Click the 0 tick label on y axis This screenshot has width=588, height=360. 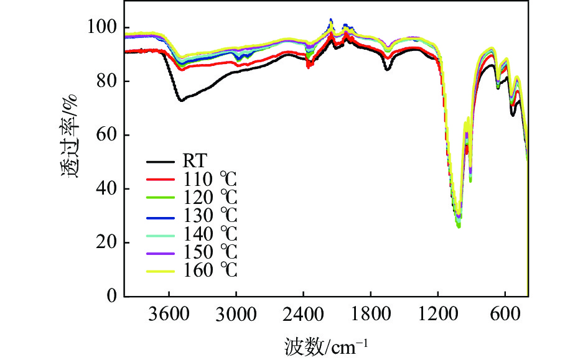pyautogui.click(x=111, y=297)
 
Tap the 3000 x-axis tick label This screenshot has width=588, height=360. pyautogui.click(x=236, y=313)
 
